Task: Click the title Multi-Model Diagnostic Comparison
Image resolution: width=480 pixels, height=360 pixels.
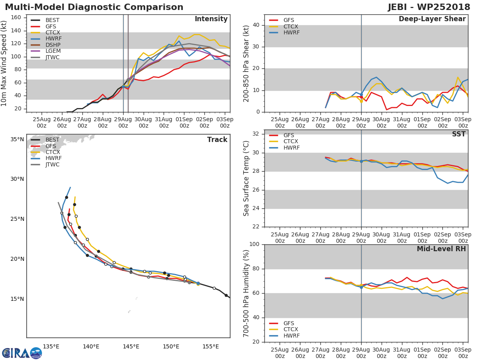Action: tap(94, 7)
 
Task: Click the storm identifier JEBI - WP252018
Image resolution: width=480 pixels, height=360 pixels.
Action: tap(429, 7)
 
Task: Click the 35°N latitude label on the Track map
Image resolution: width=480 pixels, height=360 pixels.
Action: tap(17, 140)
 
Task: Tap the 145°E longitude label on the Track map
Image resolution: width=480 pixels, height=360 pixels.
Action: tap(131, 346)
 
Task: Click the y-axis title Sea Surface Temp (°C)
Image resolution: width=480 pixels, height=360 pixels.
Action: tap(246, 178)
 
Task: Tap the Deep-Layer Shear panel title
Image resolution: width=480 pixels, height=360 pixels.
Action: tap(432, 19)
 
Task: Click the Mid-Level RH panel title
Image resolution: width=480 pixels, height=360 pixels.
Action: tap(441, 249)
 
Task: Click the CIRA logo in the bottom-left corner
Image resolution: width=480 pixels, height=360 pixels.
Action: tap(22, 353)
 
